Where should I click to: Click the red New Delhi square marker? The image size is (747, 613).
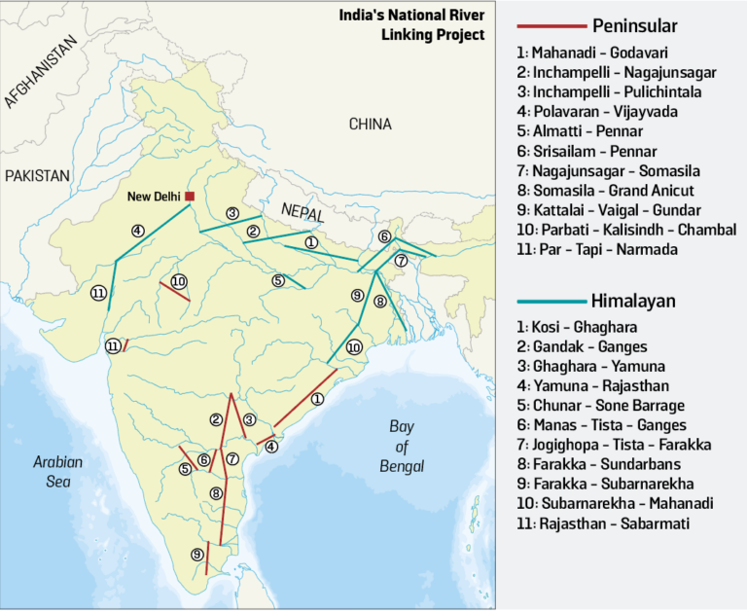[190, 197]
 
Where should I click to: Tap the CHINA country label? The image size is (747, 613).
[370, 125]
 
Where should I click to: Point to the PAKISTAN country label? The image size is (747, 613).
[38, 175]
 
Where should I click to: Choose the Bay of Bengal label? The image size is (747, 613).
[402, 447]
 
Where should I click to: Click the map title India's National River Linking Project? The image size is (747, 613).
[411, 25]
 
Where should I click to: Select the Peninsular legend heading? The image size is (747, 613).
[634, 25]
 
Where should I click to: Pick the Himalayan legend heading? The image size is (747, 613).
[632, 302]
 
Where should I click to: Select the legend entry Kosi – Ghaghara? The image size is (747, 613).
[584, 327]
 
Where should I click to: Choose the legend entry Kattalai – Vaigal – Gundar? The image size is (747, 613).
[616, 209]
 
